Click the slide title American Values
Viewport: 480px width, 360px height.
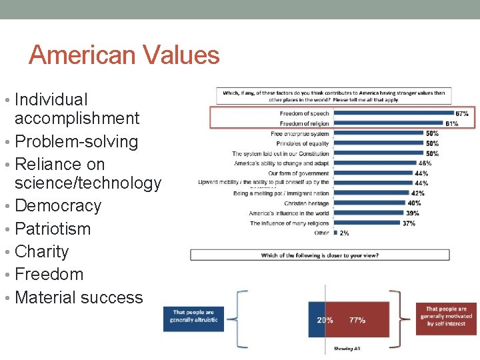[x=124, y=55]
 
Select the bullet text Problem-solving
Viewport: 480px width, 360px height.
[x=76, y=141]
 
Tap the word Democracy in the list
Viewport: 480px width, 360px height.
[x=57, y=205]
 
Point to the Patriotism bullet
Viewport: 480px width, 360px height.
[x=52, y=229]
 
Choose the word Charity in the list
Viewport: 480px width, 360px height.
[x=41, y=251]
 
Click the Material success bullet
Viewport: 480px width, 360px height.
[x=79, y=297]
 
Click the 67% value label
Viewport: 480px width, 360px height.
[x=461, y=114]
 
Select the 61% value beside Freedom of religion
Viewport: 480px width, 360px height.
[x=451, y=123]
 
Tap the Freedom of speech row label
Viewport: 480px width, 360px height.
[x=304, y=114]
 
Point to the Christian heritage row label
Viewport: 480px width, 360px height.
[x=306, y=203]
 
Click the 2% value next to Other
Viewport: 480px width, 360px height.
[x=344, y=233]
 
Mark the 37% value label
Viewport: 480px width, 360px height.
[x=409, y=223]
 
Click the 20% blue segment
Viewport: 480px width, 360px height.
[x=324, y=320]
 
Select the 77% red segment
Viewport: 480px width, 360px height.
[x=357, y=320]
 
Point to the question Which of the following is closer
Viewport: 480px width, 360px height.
[x=319, y=255]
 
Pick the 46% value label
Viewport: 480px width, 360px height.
[x=424, y=163]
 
